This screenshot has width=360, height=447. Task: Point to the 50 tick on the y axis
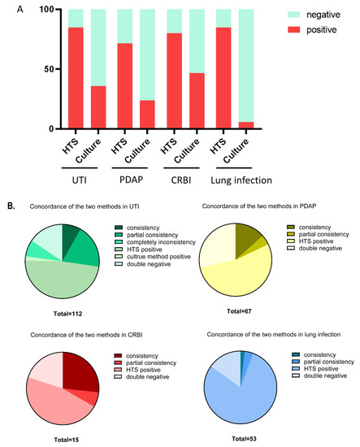[50, 69]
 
